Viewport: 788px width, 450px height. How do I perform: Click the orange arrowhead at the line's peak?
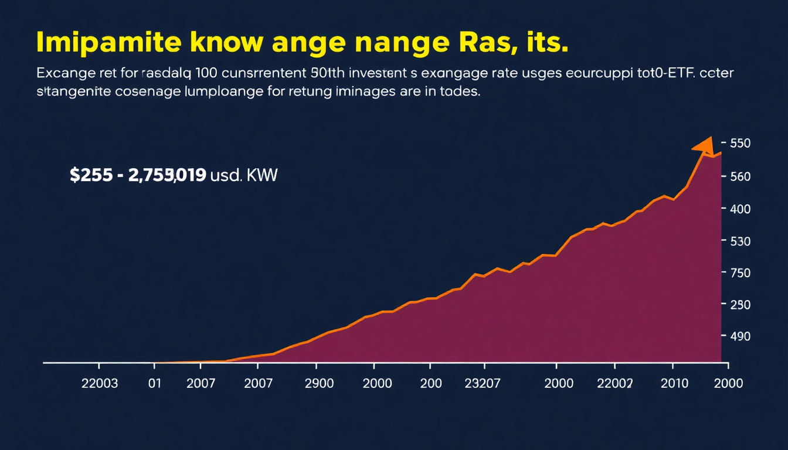click(x=704, y=146)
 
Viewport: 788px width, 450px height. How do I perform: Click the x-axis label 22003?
click(x=99, y=383)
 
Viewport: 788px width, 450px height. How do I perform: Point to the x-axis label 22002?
click(x=614, y=383)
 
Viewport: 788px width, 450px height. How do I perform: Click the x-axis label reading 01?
click(x=154, y=383)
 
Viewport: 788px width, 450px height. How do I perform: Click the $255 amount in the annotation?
click(x=90, y=175)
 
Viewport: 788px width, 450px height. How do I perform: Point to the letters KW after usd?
click(x=263, y=175)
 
